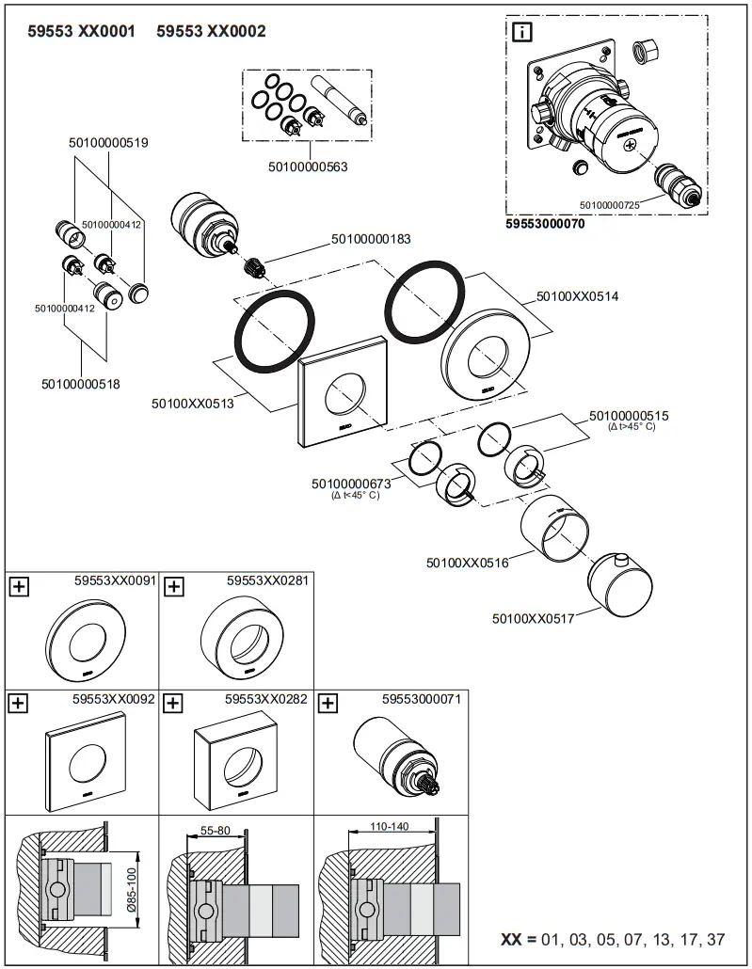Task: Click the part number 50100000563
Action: [308, 167]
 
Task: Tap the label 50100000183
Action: [371, 239]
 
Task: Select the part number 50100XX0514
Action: [577, 295]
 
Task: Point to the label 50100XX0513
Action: [193, 404]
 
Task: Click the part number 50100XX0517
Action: [533, 618]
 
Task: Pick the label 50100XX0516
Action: [467, 563]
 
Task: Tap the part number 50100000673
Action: [351, 484]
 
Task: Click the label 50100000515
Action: [629, 415]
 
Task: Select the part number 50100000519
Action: [108, 143]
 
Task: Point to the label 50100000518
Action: [81, 384]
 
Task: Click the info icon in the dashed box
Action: [521, 32]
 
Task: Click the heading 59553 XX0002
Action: [211, 32]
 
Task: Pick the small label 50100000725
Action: [610, 204]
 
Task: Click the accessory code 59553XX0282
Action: [266, 700]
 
